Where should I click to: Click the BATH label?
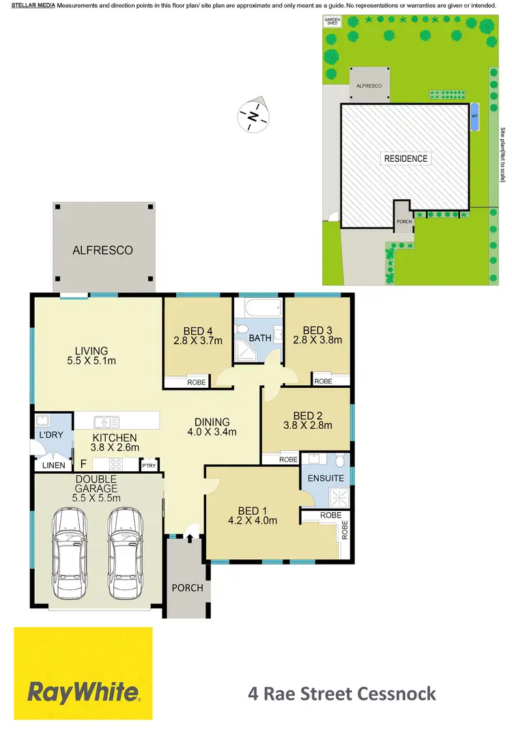(x=260, y=338)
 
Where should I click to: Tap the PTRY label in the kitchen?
(x=148, y=466)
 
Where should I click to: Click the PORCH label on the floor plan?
(x=186, y=588)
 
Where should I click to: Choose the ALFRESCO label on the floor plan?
(x=103, y=251)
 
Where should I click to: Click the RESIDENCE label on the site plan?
(x=406, y=158)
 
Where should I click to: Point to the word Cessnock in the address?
(x=397, y=694)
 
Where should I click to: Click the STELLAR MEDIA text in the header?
(x=28, y=5)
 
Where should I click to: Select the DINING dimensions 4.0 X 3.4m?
(x=212, y=432)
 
